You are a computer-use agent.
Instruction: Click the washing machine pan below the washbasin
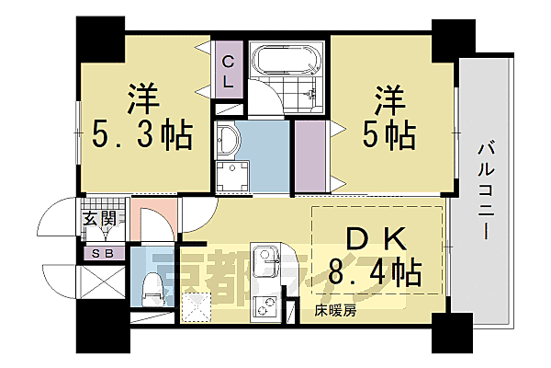click(x=232, y=177)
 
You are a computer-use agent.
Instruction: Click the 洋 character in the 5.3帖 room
click(x=141, y=96)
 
